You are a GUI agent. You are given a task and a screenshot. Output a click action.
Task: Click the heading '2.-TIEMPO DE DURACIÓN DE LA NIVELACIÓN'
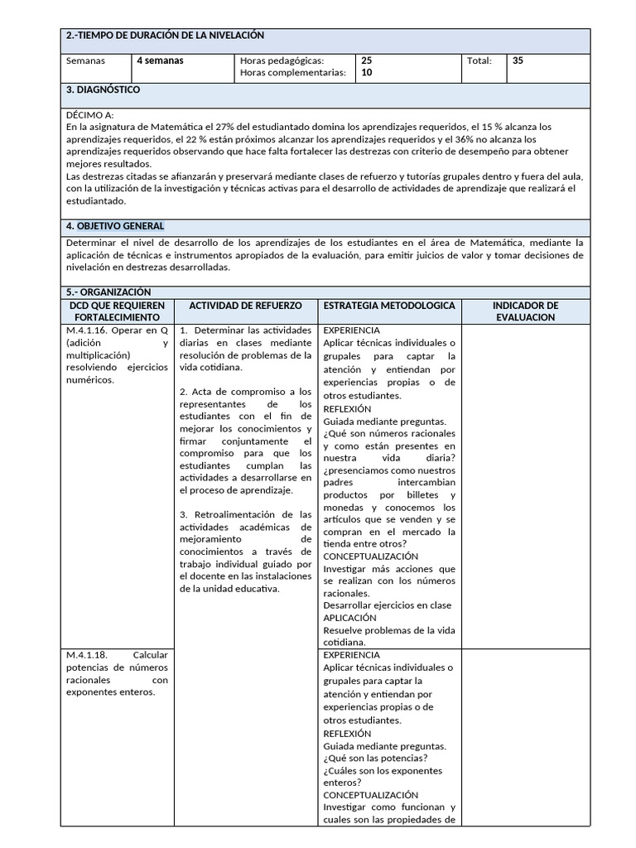(x=164, y=36)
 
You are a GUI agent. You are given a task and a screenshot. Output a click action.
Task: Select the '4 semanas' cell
(x=160, y=61)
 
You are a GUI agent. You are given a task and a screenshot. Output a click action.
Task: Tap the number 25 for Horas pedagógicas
(x=367, y=61)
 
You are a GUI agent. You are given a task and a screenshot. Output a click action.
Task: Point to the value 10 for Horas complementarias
(x=367, y=74)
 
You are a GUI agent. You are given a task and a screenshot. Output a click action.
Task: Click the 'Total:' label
(x=479, y=61)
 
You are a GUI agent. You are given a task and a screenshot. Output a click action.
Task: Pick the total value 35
(x=518, y=61)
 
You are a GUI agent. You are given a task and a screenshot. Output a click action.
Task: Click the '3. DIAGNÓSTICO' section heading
(x=103, y=89)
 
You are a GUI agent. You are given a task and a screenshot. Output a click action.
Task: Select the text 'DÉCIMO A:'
(x=89, y=114)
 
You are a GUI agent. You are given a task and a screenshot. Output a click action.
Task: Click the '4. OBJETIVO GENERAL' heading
(x=114, y=226)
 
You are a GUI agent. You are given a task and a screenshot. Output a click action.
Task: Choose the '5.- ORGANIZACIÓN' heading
(x=108, y=292)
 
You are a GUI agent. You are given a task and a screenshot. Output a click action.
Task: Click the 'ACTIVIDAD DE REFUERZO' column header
(x=246, y=306)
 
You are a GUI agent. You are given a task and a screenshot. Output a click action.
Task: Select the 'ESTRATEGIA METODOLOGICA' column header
(x=389, y=306)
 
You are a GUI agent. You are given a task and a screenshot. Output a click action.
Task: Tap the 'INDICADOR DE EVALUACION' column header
(x=525, y=311)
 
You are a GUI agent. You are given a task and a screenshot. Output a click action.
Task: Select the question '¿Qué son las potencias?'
(x=375, y=759)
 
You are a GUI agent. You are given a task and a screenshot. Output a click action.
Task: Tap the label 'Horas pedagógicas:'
(x=282, y=61)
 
